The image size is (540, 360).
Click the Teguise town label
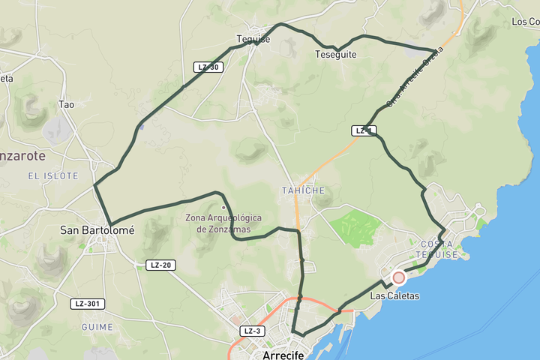click(x=253, y=40)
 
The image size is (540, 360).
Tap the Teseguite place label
click(x=335, y=55)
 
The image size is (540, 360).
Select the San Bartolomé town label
click(x=97, y=230)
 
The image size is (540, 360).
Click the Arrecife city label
click(x=283, y=355)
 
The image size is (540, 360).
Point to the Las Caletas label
click(x=394, y=296)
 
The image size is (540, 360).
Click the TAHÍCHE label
click(x=303, y=190)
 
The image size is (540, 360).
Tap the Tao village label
click(x=67, y=105)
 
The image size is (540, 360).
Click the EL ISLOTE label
click(x=53, y=175)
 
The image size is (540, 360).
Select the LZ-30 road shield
click(x=209, y=67)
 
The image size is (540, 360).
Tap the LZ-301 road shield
click(x=88, y=304)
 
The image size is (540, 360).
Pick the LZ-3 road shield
click(x=253, y=331)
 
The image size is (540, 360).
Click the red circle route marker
click(x=399, y=277)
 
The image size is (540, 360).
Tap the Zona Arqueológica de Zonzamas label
click(x=223, y=223)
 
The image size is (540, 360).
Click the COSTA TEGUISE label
click(x=439, y=249)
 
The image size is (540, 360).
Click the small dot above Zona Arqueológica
click(x=223, y=208)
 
